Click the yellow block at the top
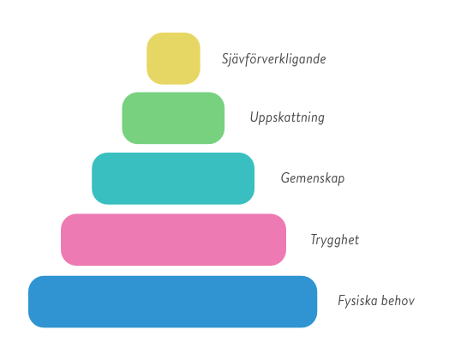point(173,58)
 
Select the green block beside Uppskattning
point(173,118)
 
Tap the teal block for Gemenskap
point(173,178)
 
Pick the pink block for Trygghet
point(173,239)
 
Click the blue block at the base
point(172,302)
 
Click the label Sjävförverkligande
point(273,59)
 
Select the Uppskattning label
point(287,118)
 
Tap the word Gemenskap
point(313,178)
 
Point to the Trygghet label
point(335,240)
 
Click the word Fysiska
point(357,301)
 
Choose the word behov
point(398,301)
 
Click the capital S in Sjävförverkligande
point(225,59)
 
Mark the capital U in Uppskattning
point(254,117)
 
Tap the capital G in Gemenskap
point(285,177)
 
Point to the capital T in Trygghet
point(315,239)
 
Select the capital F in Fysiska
point(343,301)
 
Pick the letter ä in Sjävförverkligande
point(236,59)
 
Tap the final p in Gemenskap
point(341,180)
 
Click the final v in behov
point(411,303)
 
